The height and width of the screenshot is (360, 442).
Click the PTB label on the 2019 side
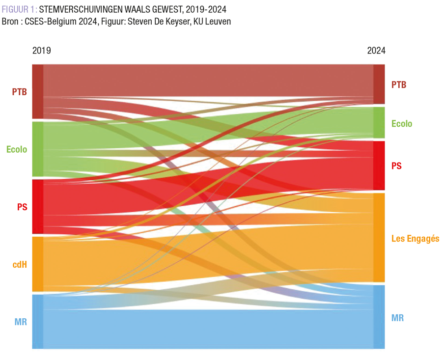(20, 91)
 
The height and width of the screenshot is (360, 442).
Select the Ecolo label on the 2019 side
(17, 149)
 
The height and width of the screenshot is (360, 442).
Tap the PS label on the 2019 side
(22, 207)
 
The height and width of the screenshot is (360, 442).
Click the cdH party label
(20, 265)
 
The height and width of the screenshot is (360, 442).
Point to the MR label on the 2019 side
(21, 322)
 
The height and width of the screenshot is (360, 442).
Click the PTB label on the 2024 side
(399, 85)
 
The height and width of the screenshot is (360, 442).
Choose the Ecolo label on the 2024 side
(402, 124)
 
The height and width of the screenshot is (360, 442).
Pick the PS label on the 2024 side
(396, 166)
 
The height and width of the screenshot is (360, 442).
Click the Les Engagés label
(415, 239)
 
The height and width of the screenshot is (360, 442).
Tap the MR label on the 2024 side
(397, 318)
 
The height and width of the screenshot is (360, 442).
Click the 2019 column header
(41, 51)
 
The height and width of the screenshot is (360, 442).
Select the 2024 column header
(376, 51)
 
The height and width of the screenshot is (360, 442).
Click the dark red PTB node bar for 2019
(38, 91)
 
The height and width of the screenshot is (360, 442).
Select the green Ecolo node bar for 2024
(379, 122)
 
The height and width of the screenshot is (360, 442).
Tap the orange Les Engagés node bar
(379, 237)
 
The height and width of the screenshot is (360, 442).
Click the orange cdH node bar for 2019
(38, 264)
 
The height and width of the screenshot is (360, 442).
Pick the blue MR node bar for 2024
(379, 317)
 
